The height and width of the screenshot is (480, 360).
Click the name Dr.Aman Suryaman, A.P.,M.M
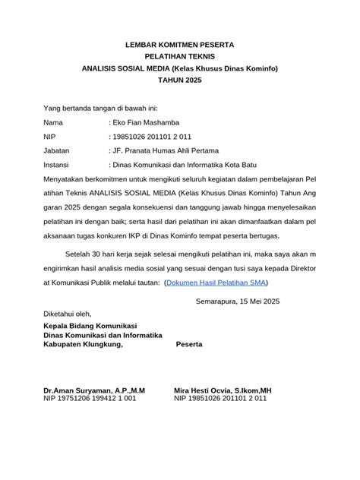(x=93, y=390)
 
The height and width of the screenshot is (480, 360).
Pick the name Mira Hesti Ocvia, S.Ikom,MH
(x=222, y=390)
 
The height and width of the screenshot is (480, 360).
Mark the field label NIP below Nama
(x=51, y=137)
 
